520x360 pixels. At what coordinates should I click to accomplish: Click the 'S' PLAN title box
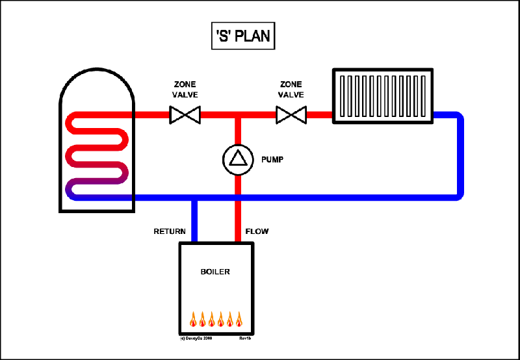pyautogui.click(x=241, y=36)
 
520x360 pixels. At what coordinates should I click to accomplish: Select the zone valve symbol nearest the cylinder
pyautogui.click(x=185, y=116)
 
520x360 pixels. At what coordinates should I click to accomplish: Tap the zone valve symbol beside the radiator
pyautogui.click(x=291, y=116)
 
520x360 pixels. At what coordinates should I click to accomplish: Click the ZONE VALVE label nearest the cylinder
pyautogui.click(x=185, y=89)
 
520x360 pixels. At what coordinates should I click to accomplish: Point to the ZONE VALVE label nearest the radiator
pyautogui.click(x=291, y=89)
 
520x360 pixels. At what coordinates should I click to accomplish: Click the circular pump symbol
pyautogui.click(x=238, y=159)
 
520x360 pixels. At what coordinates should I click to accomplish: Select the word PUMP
pyautogui.click(x=272, y=159)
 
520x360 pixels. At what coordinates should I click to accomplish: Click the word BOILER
pyautogui.click(x=215, y=272)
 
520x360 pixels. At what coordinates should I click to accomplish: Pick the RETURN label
pyautogui.click(x=170, y=231)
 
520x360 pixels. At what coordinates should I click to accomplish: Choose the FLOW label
pyautogui.click(x=257, y=231)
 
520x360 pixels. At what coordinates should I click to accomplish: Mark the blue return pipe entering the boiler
pyautogui.click(x=194, y=221)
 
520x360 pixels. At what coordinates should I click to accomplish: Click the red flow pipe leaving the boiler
pyautogui.click(x=238, y=221)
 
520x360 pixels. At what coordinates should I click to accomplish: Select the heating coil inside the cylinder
pyautogui.click(x=97, y=156)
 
